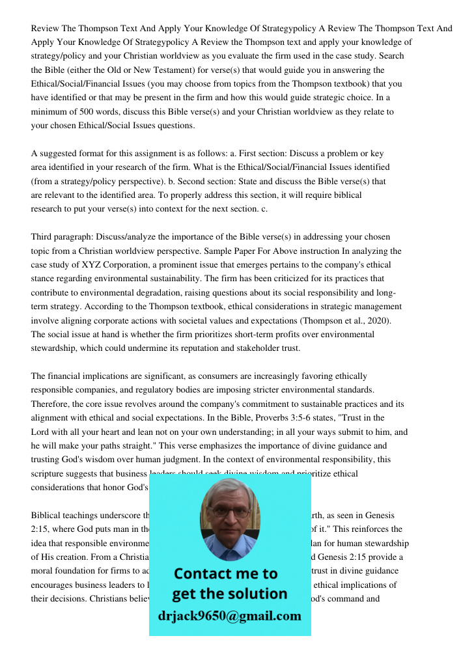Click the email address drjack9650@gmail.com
(229, 615)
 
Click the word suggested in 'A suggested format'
(60, 154)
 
